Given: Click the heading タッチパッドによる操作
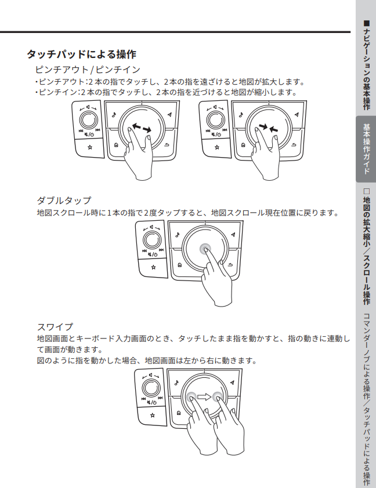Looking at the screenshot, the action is coord(81,54).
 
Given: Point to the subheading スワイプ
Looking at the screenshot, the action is coord(55,326).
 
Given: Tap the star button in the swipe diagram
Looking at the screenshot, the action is coord(152,415).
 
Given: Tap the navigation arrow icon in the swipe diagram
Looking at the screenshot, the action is coord(232,383).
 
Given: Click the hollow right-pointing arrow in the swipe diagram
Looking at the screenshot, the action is coord(204,398).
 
